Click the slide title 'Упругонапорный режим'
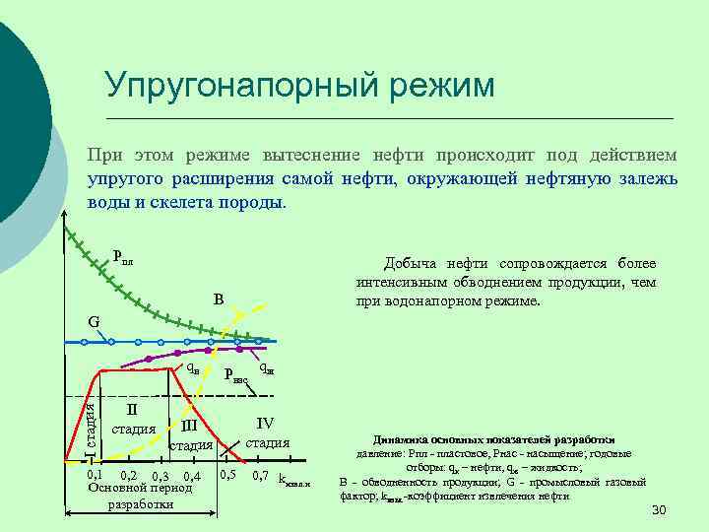(x=299, y=85)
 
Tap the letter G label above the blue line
(x=93, y=321)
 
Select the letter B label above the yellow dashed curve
(x=219, y=299)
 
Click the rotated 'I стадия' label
(x=89, y=424)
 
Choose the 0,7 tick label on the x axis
(x=261, y=476)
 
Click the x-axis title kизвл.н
(x=294, y=480)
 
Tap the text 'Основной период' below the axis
(x=140, y=488)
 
